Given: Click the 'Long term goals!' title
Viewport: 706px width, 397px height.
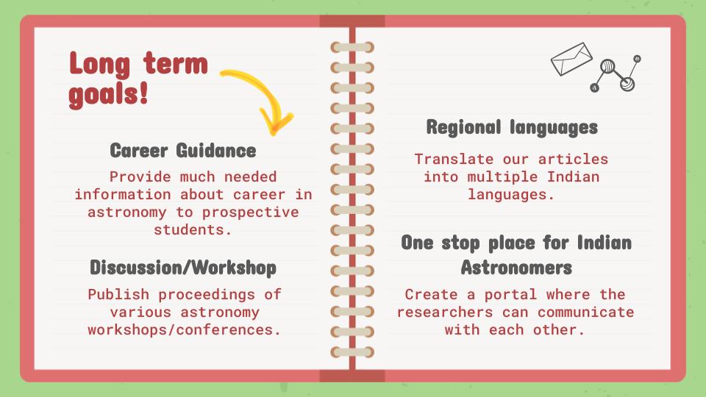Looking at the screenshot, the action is pos(138,79).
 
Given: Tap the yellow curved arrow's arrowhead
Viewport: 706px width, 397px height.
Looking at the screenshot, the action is pos(275,123).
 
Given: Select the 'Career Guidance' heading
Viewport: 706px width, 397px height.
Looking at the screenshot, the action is pos(183,150).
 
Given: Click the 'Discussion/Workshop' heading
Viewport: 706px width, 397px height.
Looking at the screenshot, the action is pos(183,268).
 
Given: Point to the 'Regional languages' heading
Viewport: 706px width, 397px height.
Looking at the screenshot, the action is pos(512,127).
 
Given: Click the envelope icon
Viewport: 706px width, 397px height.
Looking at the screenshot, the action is pos(571,59).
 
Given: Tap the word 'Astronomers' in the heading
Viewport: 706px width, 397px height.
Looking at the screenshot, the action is pos(516,268).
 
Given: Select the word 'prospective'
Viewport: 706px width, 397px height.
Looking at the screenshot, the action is pos(250,212).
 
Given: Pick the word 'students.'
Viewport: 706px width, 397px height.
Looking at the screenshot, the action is pos(193,229).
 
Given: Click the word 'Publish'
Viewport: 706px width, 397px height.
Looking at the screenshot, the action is pos(118,294).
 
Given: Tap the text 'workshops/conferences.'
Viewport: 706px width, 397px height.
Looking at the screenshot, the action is pos(184,330).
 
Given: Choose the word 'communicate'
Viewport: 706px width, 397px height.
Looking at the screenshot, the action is pos(586,312).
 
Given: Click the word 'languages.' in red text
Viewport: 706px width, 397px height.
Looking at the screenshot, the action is pos(511,194).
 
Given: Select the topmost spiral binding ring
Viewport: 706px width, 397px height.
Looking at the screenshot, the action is pos(352,47).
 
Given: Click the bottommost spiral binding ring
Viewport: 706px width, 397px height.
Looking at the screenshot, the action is pos(352,352).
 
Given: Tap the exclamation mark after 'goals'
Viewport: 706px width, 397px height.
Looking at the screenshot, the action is pos(143,93).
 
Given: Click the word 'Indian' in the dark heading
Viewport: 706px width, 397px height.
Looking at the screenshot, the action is pos(605,243).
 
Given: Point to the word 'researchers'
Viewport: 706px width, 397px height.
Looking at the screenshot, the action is pos(445,312).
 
